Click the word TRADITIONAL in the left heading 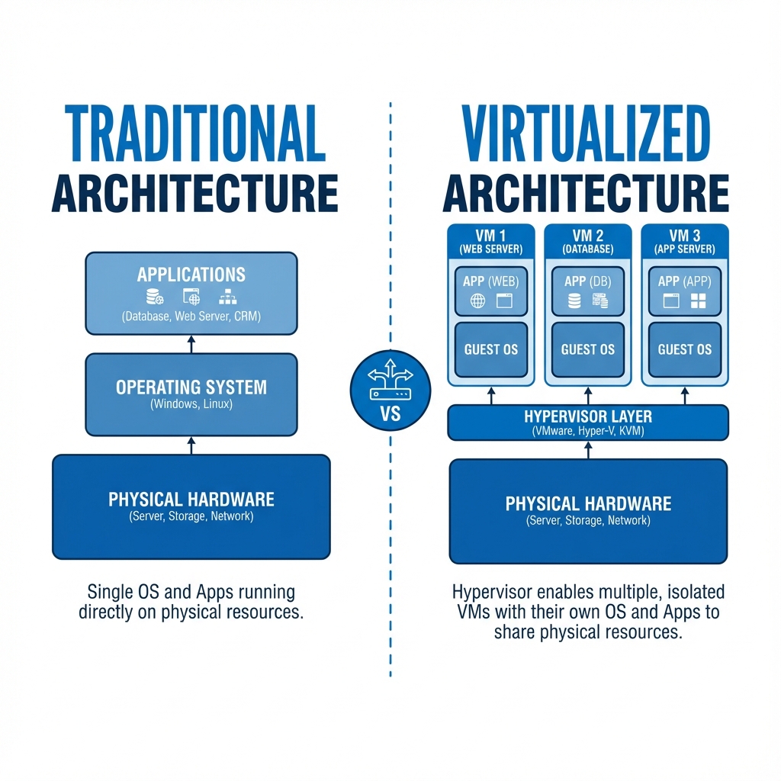point(195,133)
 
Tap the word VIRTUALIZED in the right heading point(586,133)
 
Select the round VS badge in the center point(390,390)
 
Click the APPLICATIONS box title point(191,275)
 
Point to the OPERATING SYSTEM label point(191,387)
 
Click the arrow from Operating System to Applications point(191,344)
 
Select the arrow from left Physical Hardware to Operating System point(191,445)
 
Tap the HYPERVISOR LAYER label point(588,416)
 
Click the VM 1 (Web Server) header point(491,242)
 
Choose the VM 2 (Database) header point(588,242)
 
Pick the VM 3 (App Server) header point(685,242)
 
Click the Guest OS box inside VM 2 point(588,349)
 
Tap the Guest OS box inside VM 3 point(685,349)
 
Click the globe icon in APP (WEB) point(477,301)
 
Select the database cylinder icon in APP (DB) point(574,301)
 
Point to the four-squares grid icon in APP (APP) point(699,301)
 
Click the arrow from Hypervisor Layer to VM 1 point(491,396)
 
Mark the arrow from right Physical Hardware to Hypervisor point(588,450)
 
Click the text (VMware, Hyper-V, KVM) point(588,431)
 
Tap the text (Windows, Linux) point(191,404)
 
